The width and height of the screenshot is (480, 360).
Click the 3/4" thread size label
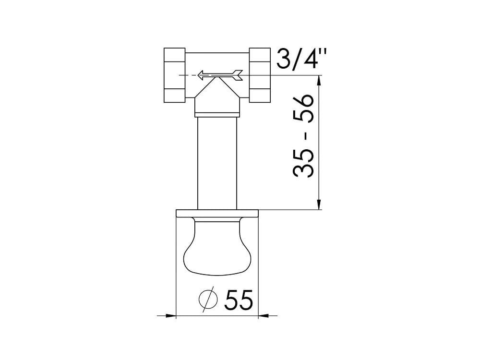(301, 59)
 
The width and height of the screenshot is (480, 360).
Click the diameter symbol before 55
(208, 299)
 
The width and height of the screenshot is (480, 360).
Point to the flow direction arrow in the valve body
(220, 75)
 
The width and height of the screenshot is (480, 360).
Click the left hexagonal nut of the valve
(175, 75)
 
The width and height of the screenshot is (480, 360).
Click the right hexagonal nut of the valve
(260, 75)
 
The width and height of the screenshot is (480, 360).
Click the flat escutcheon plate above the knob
(217, 214)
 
